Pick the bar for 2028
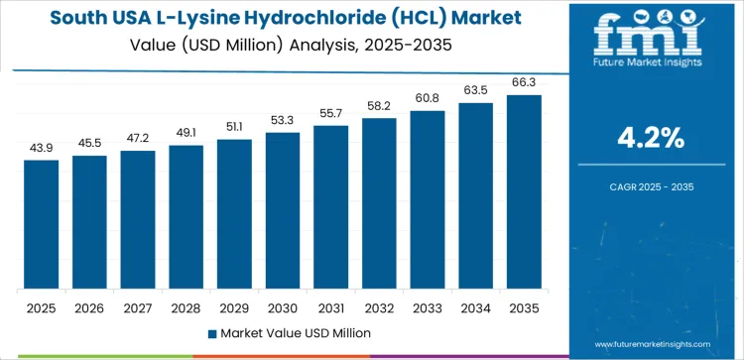coord(186,217)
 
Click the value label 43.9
coord(42,148)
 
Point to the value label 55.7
coord(331,114)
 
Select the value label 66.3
coord(524,82)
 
